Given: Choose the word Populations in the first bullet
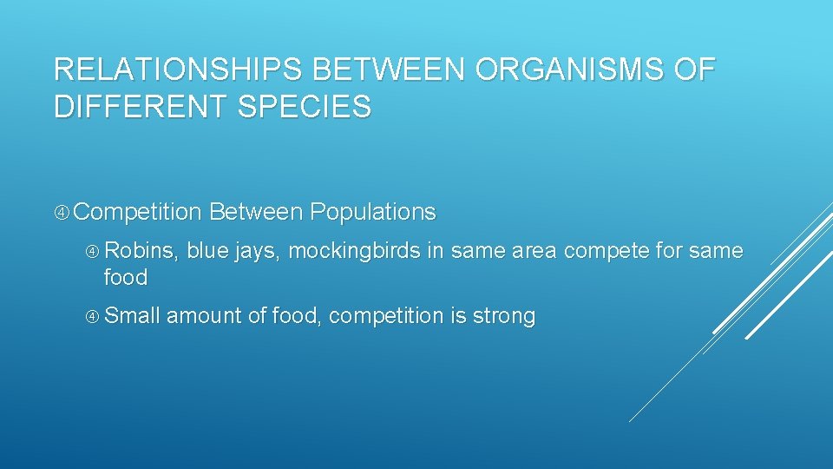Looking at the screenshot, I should pyautogui.click(x=372, y=212).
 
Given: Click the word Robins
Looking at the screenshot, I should pyautogui.click(x=141, y=251).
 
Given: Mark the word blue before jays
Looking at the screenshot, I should pyautogui.click(x=207, y=251).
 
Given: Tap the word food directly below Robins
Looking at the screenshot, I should pyautogui.click(x=126, y=278).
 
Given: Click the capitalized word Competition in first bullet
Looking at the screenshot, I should pyautogui.click(x=143, y=212).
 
